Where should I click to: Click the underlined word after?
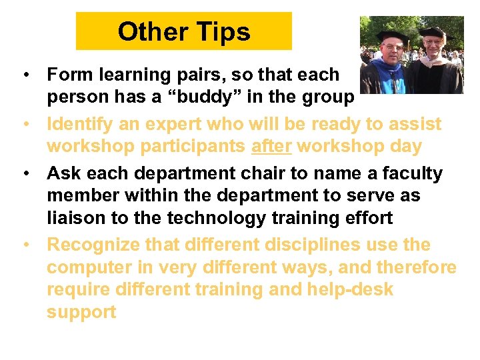tap(271, 146)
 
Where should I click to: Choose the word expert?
tap(175, 124)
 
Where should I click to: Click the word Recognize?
tap(93, 245)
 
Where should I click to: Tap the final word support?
tap(81, 312)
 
